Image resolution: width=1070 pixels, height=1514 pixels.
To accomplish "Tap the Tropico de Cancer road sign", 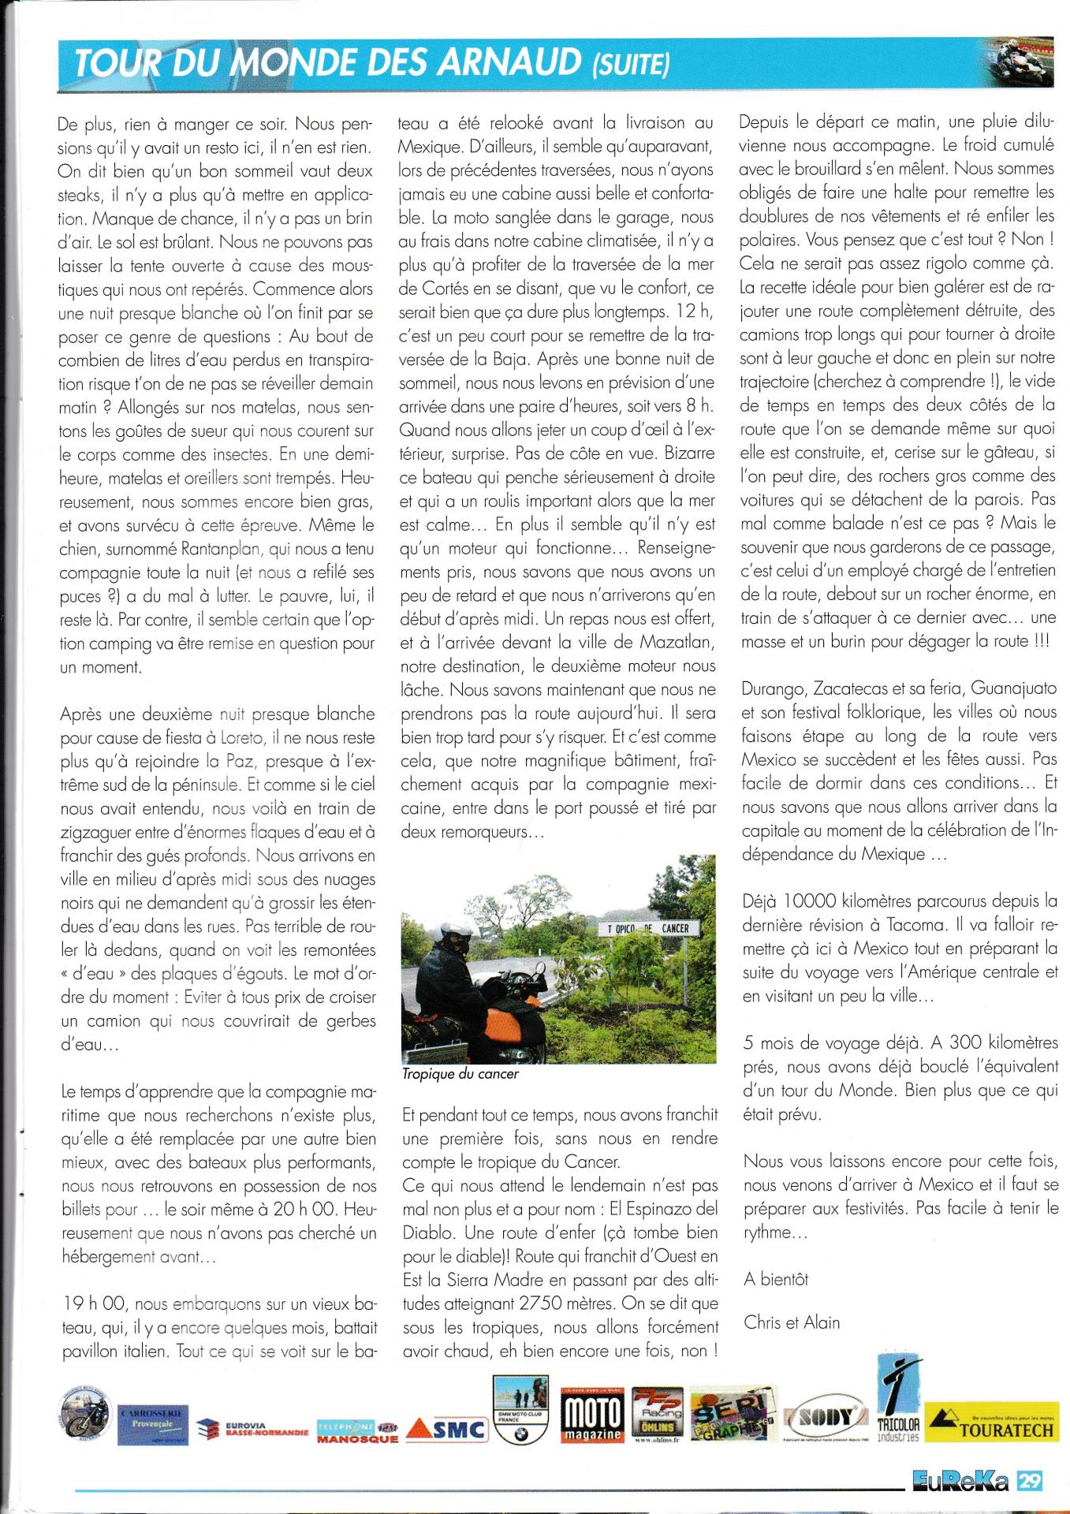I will [x=648, y=928].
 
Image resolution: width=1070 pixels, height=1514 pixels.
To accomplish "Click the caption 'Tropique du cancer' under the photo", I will [x=460, y=1074].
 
